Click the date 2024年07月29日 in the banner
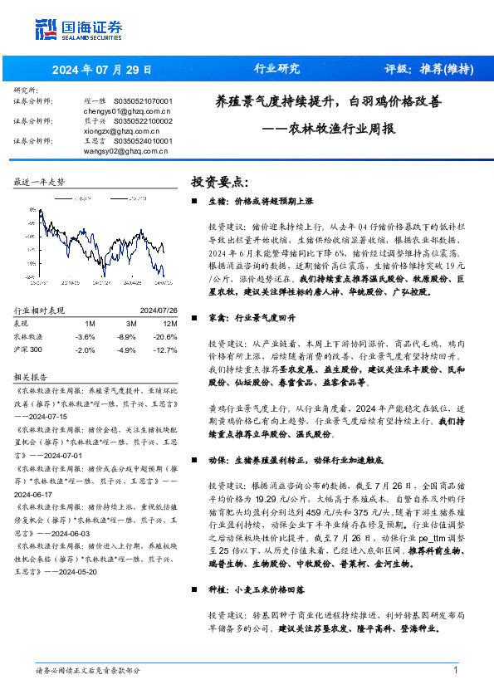pyautogui.click(x=104, y=69)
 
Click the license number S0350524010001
pyautogui.click(x=142, y=141)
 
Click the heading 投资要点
pyautogui.click(x=219, y=181)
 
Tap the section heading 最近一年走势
pyautogui.click(x=40, y=181)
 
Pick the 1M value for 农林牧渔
pyautogui.click(x=85, y=336)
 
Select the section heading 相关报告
pyautogui.click(x=33, y=376)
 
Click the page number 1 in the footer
pyautogui.click(x=456, y=670)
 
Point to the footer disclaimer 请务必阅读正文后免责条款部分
pyautogui.click(x=88, y=671)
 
